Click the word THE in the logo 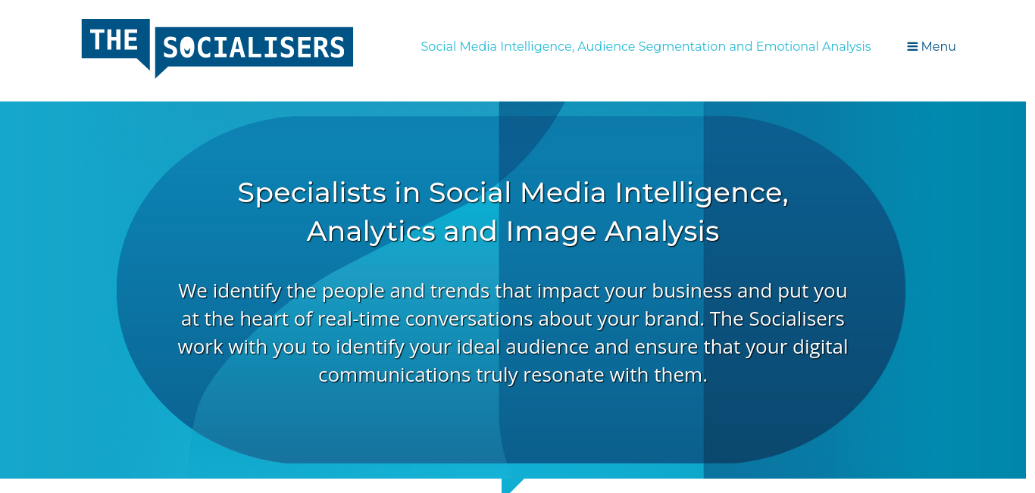coord(114,39)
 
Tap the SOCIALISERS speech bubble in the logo coord(254,48)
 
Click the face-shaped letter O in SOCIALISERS coord(186,48)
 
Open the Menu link coord(931,47)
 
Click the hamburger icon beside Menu coord(912,47)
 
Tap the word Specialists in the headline coord(312,193)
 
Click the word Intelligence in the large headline coord(702,193)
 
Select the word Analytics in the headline coord(371,232)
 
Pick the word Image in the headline coord(552,232)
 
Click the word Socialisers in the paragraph coord(796,319)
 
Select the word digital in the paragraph coord(820,348)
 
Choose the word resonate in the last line coord(563,376)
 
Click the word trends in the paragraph coord(460,292)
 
